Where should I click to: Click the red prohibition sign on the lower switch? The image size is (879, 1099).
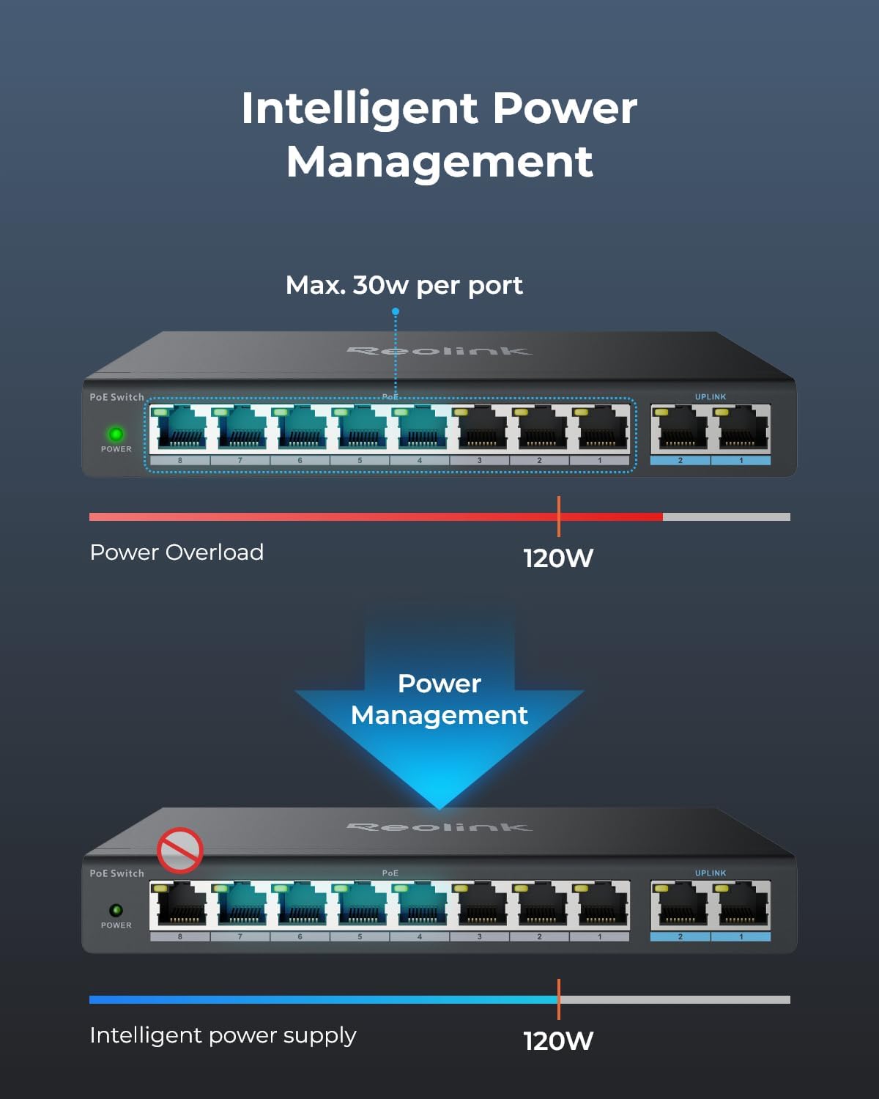pyautogui.click(x=179, y=851)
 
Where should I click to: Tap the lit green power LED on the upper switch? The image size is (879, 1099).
pyautogui.click(x=116, y=434)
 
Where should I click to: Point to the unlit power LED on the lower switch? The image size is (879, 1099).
pyautogui.click(x=116, y=910)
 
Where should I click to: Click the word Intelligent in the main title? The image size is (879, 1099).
pyautogui.click(x=359, y=108)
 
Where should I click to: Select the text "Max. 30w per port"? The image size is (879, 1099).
pyautogui.click(x=404, y=285)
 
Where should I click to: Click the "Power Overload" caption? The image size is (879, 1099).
pyautogui.click(x=177, y=552)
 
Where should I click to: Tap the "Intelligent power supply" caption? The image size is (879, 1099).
pyautogui.click(x=223, y=1035)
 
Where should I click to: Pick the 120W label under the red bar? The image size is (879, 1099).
pyautogui.click(x=558, y=558)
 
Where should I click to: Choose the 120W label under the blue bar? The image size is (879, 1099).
pyautogui.click(x=558, y=1041)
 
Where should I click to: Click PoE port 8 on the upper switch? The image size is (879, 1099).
pyautogui.click(x=180, y=429)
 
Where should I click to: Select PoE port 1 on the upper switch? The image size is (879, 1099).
pyautogui.click(x=600, y=429)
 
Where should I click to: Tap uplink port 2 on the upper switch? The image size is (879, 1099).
pyautogui.click(x=680, y=429)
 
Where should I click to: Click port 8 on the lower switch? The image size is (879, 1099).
pyautogui.click(x=180, y=906)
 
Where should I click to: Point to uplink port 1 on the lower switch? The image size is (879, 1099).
pyautogui.click(x=741, y=906)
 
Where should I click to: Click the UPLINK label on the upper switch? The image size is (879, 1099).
pyautogui.click(x=711, y=397)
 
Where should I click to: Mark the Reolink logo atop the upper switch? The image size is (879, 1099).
pyautogui.click(x=439, y=351)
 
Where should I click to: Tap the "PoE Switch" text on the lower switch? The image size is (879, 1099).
pyautogui.click(x=116, y=873)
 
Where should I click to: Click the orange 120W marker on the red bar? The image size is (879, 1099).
pyautogui.click(x=558, y=517)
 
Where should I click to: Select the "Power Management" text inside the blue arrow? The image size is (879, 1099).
pyautogui.click(x=439, y=699)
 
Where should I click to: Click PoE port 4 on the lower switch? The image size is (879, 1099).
pyautogui.click(x=420, y=906)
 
